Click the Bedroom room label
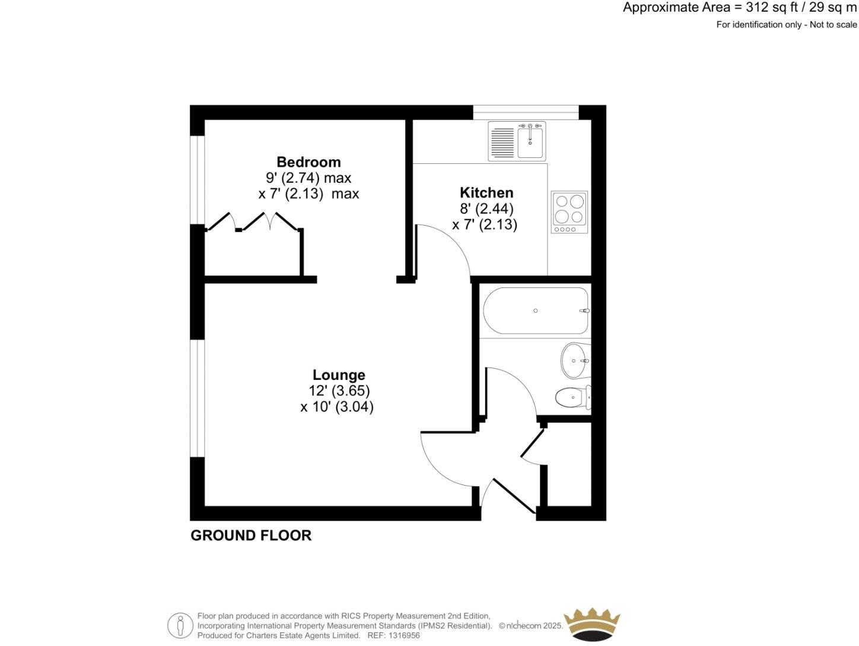[308, 162]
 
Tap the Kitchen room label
[486, 192]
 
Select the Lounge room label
[339, 375]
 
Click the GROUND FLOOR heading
[251, 535]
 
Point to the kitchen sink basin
[530, 143]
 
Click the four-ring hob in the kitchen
[570, 211]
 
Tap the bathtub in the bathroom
[536, 311]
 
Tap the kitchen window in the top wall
[526, 112]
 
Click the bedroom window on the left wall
[197, 180]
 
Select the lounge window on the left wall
[197, 398]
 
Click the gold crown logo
[591, 625]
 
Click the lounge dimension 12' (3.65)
[339, 391]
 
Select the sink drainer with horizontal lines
[502, 143]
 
